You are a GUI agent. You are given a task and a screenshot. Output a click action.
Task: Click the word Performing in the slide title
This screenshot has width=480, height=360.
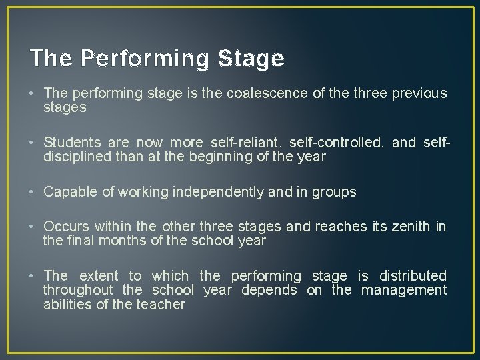click(146, 59)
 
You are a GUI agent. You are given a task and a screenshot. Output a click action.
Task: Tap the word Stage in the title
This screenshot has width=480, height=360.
click(251, 59)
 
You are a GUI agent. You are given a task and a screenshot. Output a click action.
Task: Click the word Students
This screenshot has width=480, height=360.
click(73, 143)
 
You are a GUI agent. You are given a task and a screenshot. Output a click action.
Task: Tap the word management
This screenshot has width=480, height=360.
click(404, 290)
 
